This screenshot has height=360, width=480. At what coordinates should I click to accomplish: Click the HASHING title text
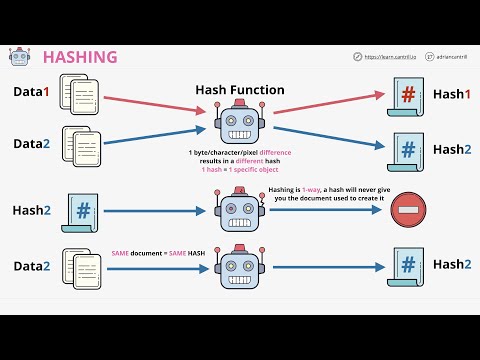click(x=79, y=58)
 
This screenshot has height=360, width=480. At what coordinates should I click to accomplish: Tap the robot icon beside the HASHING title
click(x=19, y=58)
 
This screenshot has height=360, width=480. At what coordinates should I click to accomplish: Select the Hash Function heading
click(x=240, y=90)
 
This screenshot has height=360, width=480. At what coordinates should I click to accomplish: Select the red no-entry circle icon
click(x=404, y=211)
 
